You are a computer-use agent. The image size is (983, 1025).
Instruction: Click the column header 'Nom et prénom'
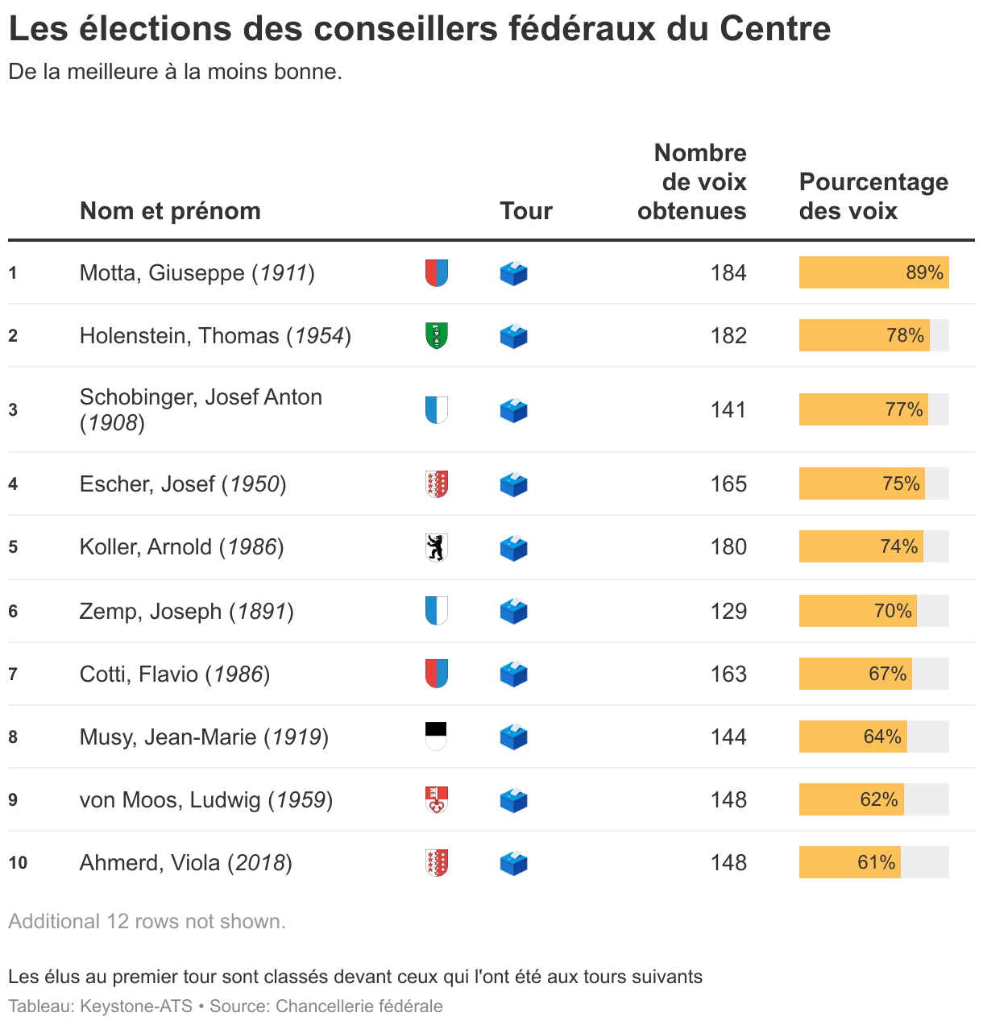[x=170, y=211]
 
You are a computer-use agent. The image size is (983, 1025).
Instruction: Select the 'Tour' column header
[x=525, y=211]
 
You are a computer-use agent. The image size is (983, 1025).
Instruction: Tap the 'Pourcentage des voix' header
[x=873, y=197]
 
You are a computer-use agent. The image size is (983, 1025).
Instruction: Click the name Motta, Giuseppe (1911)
[x=197, y=273]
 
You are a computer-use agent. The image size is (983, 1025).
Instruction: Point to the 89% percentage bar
[x=873, y=272]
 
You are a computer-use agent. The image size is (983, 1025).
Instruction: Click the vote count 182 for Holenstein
[x=728, y=336]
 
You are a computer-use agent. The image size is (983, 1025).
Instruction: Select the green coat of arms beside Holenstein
[x=436, y=336]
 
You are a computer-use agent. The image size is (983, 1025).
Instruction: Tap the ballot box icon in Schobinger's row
[x=513, y=410]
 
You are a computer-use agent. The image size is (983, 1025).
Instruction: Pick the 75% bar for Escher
[x=861, y=483]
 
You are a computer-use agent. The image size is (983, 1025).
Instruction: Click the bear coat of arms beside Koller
[x=436, y=547]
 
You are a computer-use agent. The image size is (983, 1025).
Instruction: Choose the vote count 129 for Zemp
[x=728, y=612]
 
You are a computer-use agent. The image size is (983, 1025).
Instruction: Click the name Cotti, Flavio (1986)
[x=174, y=674]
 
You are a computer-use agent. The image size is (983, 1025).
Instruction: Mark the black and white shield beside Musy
[x=436, y=737]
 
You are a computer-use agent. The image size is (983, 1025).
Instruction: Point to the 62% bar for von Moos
[x=851, y=799]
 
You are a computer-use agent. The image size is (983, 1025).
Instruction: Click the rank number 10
[x=18, y=863]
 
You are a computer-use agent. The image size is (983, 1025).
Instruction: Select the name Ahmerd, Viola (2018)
[x=185, y=863]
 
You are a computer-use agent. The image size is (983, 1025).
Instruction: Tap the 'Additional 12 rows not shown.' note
[x=147, y=921]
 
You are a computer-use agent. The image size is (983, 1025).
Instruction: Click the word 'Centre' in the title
[x=774, y=29]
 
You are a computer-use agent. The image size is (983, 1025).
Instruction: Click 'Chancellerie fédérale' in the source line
[x=359, y=1006]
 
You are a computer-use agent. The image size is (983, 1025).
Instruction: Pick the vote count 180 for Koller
[x=728, y=547]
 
